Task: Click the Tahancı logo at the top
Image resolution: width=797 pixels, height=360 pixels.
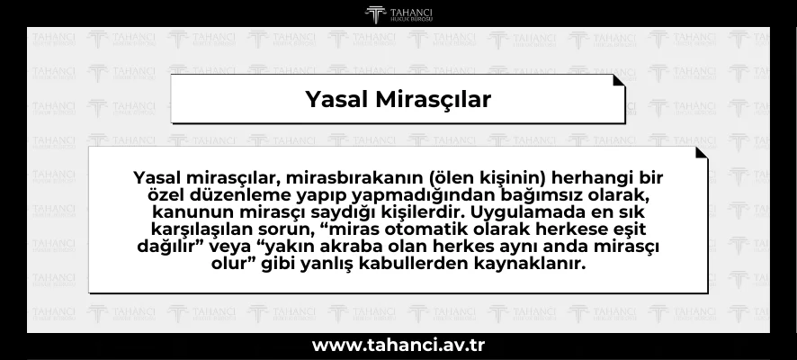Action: (x=398, y=13)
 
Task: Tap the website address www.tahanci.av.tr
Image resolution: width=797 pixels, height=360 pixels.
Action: (x=398, y=346)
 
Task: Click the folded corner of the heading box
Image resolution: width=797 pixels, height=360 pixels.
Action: (x=618, y=80)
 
